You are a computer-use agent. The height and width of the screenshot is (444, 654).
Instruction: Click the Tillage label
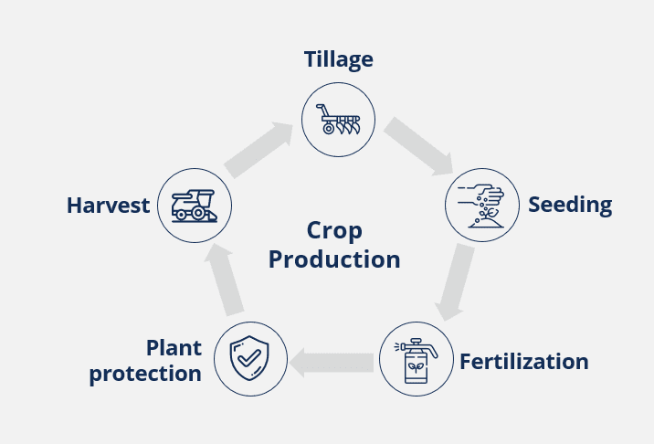tap(338, 60)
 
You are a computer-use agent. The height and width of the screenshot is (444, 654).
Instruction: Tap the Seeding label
tap(570, 205)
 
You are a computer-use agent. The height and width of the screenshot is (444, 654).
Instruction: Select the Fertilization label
tap(523, 362)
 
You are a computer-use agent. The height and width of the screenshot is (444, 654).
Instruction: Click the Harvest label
tap(108, 206)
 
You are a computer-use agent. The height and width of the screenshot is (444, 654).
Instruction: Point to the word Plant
tap(174, 348)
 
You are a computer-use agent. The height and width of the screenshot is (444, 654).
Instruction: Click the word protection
tap(145, 374)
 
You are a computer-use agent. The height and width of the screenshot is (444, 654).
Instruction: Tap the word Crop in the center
tap(335, 230)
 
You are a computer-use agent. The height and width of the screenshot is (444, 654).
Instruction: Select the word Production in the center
tap(335, 259)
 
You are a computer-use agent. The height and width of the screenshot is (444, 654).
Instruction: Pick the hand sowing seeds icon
tap(481, 205)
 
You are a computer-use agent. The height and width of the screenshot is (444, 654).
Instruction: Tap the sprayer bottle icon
tap(416, 358)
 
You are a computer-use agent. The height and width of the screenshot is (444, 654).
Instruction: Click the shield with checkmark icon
tap(250, 358)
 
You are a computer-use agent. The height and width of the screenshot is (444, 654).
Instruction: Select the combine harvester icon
tap(195, 205)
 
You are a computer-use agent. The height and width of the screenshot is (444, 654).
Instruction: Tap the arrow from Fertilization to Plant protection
tap(332, 363)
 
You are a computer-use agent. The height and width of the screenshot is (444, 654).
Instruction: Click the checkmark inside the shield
tap(250, 358)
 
